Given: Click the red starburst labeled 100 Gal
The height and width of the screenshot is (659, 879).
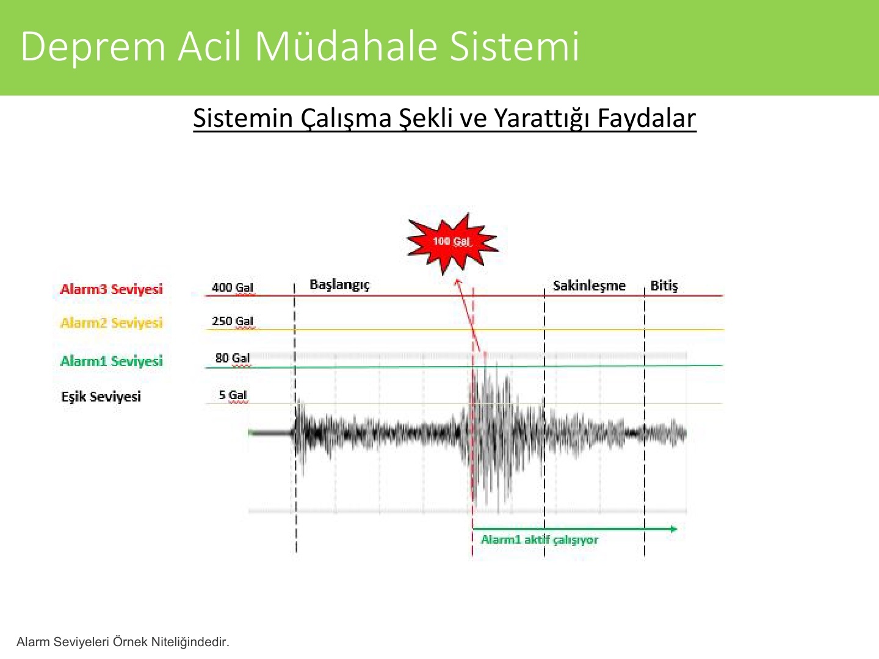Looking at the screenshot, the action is (x=452, y=243).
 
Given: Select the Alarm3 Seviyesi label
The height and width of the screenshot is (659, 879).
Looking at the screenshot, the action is (x=111, y=289).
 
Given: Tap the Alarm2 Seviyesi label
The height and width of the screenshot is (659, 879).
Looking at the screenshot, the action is (x=111, y=323).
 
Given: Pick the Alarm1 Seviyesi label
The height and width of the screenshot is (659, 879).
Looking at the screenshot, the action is (x=111, y=361).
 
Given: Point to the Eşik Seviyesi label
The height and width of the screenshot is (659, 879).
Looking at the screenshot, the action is (x=101, y=397).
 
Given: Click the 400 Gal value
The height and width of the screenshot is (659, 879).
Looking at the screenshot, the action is (x=233, y=287).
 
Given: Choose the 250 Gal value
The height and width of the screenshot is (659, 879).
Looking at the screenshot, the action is (x=233, y=321).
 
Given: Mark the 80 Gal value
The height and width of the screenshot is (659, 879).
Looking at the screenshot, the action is (x=233, y=358).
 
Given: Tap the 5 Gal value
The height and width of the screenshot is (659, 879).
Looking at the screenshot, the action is (x=233, y=395).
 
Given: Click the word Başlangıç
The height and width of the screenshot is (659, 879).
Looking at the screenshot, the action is (x=339, y=285).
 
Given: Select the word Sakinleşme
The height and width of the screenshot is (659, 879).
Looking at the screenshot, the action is (x=589, y=286).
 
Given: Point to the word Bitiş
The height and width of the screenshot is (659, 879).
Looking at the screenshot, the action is (x=664, y=286).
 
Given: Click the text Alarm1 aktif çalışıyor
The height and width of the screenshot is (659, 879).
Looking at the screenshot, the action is (x=540, y=540).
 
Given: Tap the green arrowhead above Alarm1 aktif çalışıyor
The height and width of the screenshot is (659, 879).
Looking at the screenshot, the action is (x=673, y=529).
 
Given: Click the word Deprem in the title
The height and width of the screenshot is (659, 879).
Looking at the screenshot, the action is (x=93, y=47).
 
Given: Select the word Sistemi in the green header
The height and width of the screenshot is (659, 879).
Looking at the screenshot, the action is (x=514, y=46).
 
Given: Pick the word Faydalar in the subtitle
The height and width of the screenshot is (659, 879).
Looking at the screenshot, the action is (x=646, y=118).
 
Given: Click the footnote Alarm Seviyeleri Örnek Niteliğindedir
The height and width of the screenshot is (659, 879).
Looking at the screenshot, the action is (x=123, y=642).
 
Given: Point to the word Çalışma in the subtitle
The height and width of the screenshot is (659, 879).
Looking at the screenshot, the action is (x=346, y=119).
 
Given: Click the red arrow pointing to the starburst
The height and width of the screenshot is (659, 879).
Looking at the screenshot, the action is (x=468, y=315).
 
